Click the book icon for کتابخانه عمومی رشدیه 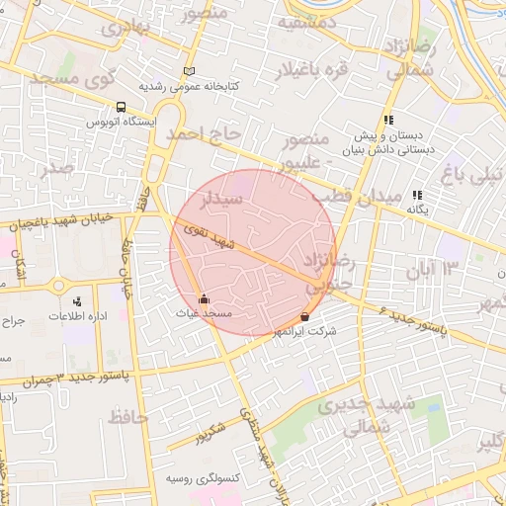click(189, 71)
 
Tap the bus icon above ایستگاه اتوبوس click(121, 107)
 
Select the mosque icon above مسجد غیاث click(204, 297)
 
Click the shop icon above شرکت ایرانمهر click(304, 316)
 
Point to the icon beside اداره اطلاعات click(77, 301)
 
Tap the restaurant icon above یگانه click(417, 195)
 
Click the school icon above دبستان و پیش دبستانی click(389, 120)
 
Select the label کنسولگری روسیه click(191, 477)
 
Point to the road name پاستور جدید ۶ click(411, 320)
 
